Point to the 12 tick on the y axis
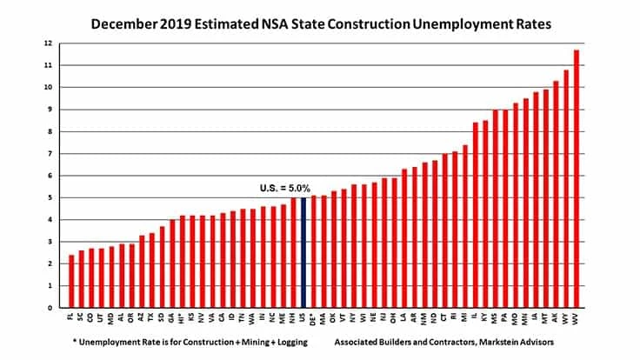[x=49, y=43]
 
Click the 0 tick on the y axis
[x=50, y=307]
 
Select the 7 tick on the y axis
[x=50, y=153]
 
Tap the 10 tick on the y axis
[x=49, y=87]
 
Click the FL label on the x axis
[x=71, y=318]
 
